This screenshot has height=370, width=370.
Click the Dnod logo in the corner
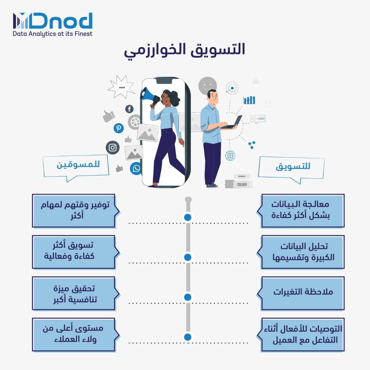coord(53,21)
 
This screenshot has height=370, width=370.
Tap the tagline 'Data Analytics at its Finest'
coord(53,34)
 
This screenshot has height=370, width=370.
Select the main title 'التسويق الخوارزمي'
coord(185,50)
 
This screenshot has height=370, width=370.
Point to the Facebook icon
coord(129,109)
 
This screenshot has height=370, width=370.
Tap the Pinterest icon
coord(119,128)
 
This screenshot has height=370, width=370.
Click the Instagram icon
coord(113,147)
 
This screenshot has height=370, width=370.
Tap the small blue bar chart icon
coord(249,100)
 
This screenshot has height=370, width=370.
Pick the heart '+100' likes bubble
coord(258,119)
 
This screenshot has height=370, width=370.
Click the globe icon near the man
coord(230,156)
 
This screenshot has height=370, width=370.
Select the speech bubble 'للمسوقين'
coord(76,166)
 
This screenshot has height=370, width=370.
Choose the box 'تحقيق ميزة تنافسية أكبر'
coord(74,293)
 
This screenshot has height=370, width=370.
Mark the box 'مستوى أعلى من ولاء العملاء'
coord(74,334)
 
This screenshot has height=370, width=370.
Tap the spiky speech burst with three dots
coord(121,87)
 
